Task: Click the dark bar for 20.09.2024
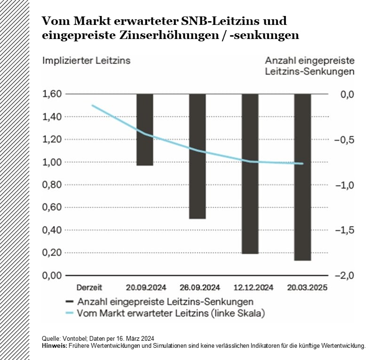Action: pyautogui.click(x=144, y=130)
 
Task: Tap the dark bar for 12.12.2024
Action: pyautogui.click(x=250, y=173)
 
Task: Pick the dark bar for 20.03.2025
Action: pyautogui.click(x=302, y=177)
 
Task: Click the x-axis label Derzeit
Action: pyautogui.click(x=89, y=287)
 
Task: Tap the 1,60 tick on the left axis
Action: pyautogui.click(x=52, y=94)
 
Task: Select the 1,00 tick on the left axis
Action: pyautogui.click(x=52, y=162)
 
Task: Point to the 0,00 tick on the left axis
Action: pyautogui.click(x=52, y=275)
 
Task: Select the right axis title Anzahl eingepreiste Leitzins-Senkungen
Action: pyautogui.click(x=310, y=66)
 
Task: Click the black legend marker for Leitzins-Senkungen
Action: pyautogui.click(x=70, y=301)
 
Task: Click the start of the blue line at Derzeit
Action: pyautogui.click(x=92, y=105)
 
